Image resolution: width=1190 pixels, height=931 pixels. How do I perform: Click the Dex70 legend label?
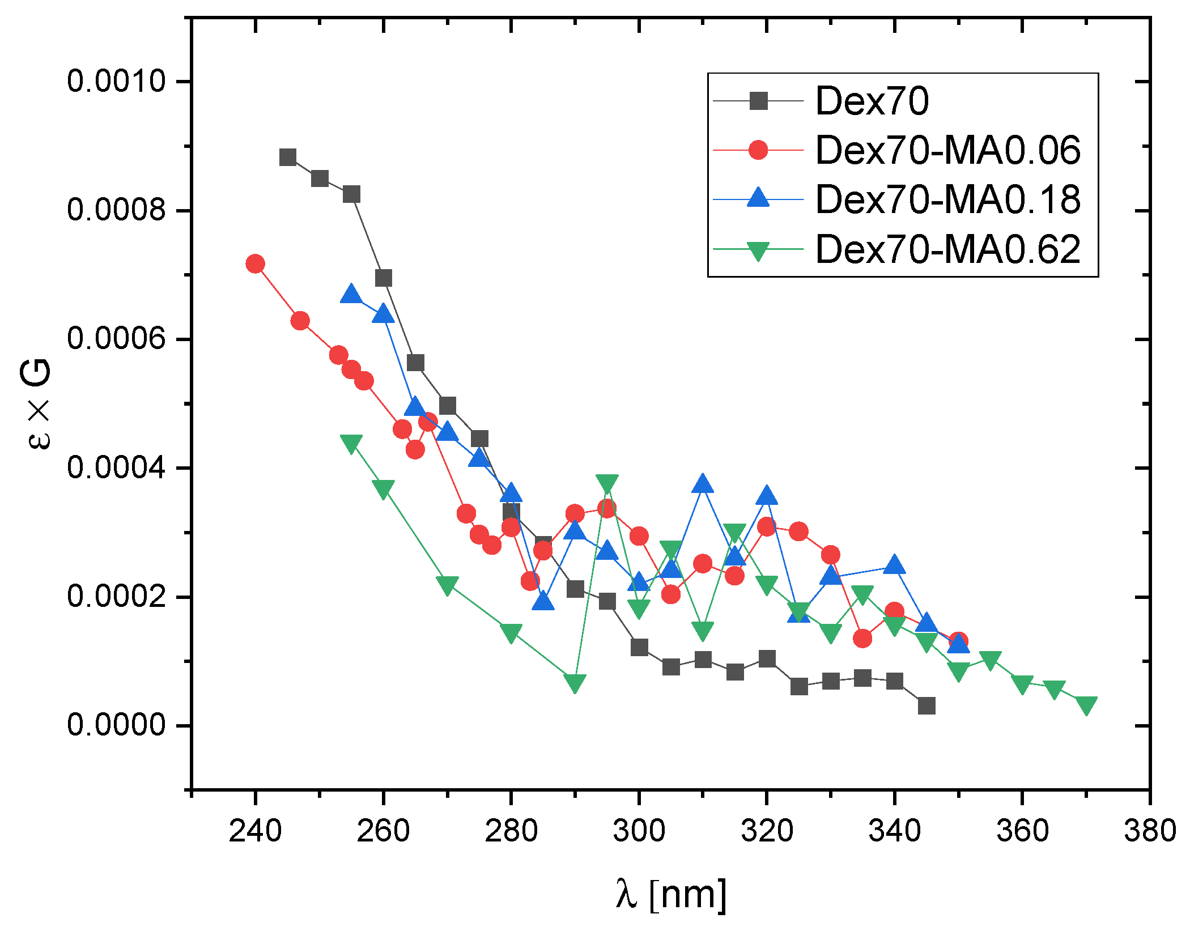872,101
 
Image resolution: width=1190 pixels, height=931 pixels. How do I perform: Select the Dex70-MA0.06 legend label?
947,151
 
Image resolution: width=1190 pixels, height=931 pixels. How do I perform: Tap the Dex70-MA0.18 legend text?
947,200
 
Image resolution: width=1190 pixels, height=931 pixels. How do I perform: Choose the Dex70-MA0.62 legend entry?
947,249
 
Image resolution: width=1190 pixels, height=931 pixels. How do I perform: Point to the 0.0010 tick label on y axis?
116,81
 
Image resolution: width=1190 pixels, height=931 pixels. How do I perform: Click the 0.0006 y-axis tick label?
116,339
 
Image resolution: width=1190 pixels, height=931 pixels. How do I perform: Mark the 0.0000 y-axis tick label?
116,725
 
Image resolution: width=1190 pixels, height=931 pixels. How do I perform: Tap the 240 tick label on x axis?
255,831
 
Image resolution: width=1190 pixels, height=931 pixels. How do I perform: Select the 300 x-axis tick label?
639,831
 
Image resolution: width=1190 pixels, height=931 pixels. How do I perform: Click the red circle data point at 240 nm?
255,263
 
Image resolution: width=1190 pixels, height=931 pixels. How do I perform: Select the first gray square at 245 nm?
288,158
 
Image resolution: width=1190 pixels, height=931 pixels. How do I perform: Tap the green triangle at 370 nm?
1086,705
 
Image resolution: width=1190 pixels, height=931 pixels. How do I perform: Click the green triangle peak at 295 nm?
607,483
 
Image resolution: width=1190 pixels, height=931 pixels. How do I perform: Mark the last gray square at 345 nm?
926,706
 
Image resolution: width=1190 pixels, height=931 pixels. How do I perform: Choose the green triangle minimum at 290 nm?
575,683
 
